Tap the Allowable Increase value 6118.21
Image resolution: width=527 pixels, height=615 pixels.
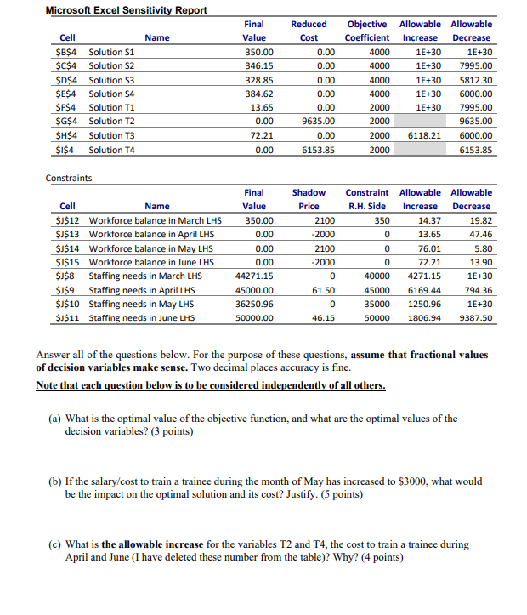pos(424,135)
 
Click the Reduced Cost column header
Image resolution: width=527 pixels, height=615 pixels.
pos(309,31)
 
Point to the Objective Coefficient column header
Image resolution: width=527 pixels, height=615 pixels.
pos(367,31)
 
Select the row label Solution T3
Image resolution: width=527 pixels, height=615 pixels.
pos(111,135)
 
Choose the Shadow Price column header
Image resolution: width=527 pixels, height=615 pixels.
pos(309,199)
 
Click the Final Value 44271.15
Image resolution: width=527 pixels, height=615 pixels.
pos(253,276)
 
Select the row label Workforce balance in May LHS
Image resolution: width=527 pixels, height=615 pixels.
pos(150,248)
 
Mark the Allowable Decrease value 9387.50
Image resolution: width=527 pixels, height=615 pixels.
pos(474,318)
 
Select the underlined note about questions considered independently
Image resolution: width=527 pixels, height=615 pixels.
pos(211,385)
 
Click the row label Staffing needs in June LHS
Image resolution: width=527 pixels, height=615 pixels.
pos(141,318)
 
